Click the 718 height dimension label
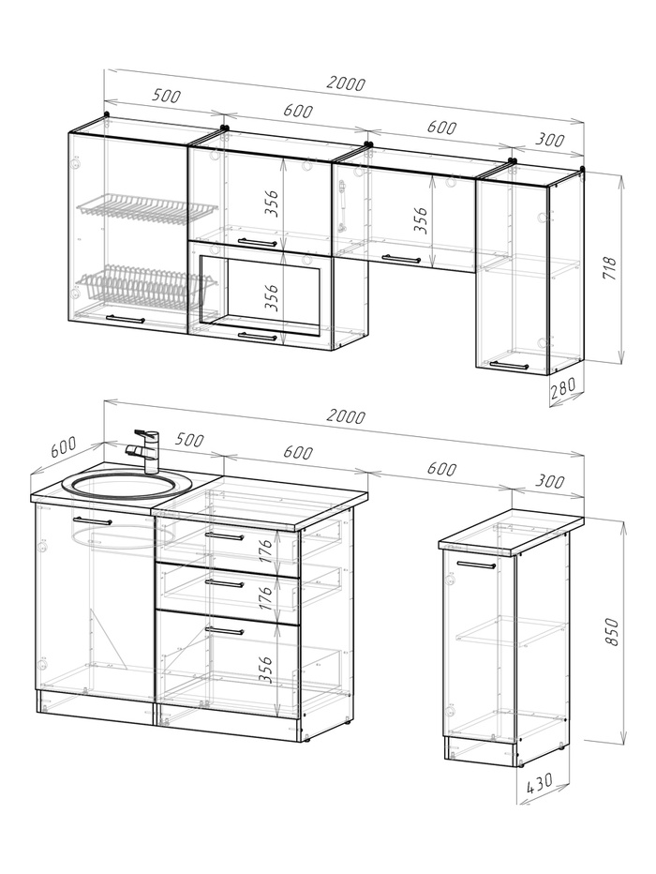[610, 268]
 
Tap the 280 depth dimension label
[563, 387]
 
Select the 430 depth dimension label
[539, 783]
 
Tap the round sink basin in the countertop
[127, 485]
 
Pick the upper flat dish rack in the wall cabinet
[147, 209]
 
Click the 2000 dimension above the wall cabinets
[346, 83]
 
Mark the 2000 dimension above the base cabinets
[346, 416]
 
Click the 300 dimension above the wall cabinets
[550, 140]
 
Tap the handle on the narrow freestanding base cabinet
[475, 565]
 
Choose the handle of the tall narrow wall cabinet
[509, 365]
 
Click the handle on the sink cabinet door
[93, 520]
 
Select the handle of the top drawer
[224, 535]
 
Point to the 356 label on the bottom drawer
[267, 669]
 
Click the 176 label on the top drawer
[267, 550]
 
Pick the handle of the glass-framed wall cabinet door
[258, 336]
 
